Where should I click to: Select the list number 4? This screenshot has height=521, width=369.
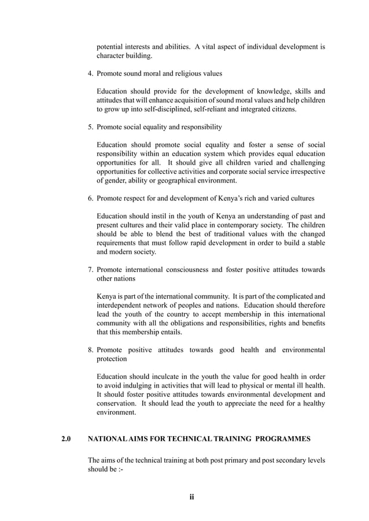[90, 74]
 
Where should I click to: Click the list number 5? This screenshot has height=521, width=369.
[90, 126]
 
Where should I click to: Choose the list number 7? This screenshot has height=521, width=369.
[90, 270]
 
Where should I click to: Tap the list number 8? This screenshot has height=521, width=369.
[90, 350]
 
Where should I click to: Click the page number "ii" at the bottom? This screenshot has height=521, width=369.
[191, 497]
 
